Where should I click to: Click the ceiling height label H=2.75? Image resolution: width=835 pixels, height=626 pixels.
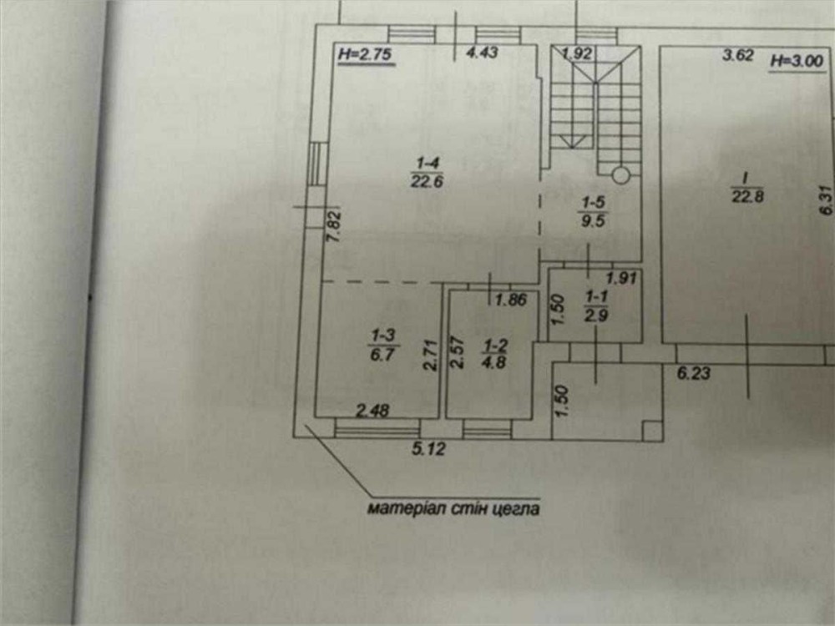pyautogui.click(x=366, y=53)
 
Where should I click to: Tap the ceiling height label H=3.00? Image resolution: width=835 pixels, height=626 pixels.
pyautogui.click(x=797, y=61)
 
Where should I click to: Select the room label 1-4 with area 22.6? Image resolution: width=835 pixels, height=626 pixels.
pyautogui.click(x=427, y=172)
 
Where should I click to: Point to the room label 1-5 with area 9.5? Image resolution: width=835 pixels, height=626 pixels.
pyautogui.click(x=593, y=211)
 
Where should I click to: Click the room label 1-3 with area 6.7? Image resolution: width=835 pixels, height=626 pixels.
pyautogui.click(x=383, y=345)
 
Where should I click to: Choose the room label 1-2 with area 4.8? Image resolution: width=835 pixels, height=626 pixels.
pyautogui.click(x=494, y=354)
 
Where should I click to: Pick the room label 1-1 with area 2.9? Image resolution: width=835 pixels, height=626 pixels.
pyautogui.click(x=596, y=305)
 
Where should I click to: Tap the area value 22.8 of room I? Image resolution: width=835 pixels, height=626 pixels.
pyautogui.click(x=747, y=196)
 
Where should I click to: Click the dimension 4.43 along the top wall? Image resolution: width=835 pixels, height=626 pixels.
pyautogui.click(x=482, y=52)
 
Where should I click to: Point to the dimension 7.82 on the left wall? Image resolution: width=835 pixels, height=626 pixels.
pyautogui.click(x=334, y=227)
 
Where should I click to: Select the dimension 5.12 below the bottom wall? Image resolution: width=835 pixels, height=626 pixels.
pyautogui.click(x=428, y=449)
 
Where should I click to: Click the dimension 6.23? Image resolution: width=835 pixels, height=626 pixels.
pyautogui.click(x=694, y=372)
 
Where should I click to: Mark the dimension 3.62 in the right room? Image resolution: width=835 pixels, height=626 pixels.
pyautogui.click(x=737, y=55)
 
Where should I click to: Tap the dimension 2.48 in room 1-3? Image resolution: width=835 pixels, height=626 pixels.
pyautogui.click(x=372, y=411)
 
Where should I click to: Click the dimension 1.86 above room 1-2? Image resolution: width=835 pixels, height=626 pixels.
pyautogui.click(x=511, y=300)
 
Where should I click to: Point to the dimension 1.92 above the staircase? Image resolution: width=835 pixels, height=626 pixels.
pyautogui.click(x=577, y=53)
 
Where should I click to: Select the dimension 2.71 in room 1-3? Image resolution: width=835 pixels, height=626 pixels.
pyautogui.click(x=430, y=355)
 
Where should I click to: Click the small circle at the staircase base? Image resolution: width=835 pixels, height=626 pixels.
pyautogui.click(x=621, y=175)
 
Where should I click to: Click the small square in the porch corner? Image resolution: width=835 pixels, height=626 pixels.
pyautogui.click(x=652, y=431)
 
